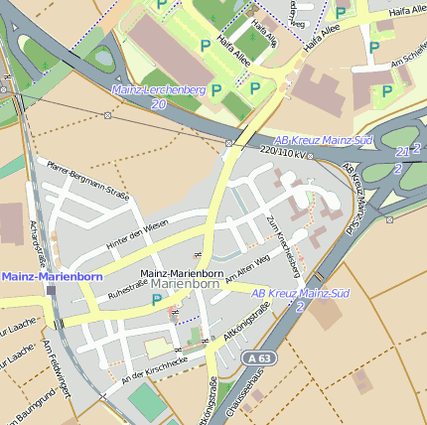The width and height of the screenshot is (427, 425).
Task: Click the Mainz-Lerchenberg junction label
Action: (x=159, y=90)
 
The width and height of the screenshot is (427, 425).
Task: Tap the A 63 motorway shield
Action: (x=260, y=357)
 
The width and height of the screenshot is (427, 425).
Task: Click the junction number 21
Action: (x=402, y=151)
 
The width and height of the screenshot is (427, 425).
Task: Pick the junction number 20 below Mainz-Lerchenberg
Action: (x=159, y=103)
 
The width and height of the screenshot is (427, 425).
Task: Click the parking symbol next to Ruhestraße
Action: (x=156, y=299)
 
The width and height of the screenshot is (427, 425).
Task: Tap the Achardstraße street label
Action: (x=41, y=243)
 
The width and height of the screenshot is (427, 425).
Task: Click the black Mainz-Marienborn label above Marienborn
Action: (x=182, y=272)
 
